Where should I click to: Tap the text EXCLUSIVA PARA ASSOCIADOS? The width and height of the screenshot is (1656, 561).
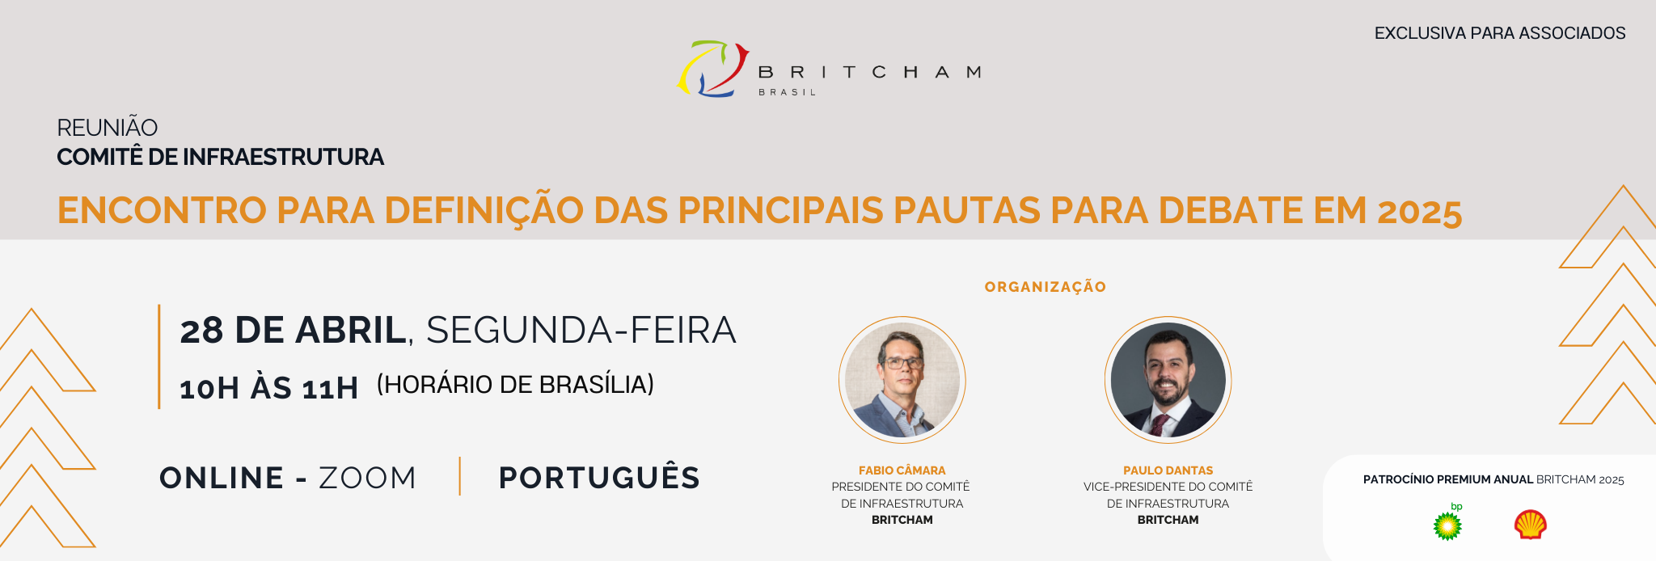tap(1500, 33)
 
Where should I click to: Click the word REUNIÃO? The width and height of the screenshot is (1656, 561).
tap(108, 127)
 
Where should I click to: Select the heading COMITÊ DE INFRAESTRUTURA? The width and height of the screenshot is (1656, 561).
tap(220, 157)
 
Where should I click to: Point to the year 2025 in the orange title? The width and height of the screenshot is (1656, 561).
tap(1420, 212)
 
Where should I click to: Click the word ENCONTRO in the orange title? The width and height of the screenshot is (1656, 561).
tap(162, 210)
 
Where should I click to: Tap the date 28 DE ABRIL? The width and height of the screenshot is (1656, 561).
tap(293, 330)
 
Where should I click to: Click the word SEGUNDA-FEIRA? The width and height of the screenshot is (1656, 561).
tap(581, 330)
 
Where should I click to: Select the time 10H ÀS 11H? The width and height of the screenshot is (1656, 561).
tap(268, 388)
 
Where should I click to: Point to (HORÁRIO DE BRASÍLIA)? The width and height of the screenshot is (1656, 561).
tap(515, 384)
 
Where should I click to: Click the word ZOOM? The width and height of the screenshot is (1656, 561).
tap(367, 478)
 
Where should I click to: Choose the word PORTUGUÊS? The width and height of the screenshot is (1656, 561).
tap(599, 477)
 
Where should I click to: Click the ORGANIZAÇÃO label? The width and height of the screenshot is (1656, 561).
tap(1046, 287)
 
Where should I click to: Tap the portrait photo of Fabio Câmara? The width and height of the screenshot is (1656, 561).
tap(902, 380)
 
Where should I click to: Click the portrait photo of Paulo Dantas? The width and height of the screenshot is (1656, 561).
tap(1168, 380)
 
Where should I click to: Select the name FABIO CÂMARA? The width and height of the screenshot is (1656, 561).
tap(902, 470)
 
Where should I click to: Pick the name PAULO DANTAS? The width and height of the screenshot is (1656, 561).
tap(1168, 470)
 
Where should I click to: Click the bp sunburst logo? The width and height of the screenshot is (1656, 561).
tap(1447, 524)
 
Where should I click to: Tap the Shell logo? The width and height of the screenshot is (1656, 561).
tap(1531, 524)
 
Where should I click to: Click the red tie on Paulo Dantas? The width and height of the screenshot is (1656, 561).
tap(1160, 424)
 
